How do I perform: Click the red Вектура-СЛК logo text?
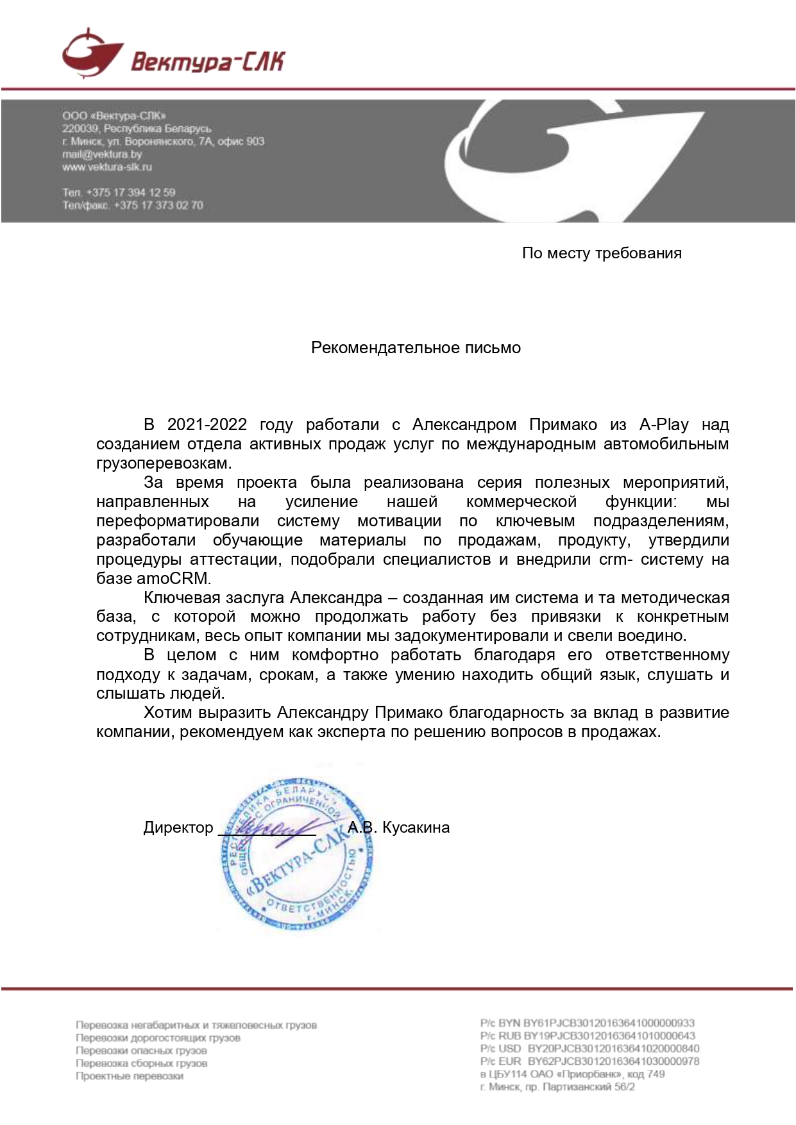tap(207, 61)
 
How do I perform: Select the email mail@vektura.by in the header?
tap(102, 154)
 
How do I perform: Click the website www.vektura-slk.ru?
tap(107, 167)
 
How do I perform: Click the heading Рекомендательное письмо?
tap(416, 347)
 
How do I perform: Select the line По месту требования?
tap(601, 253)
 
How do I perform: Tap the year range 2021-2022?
tap(207, 424)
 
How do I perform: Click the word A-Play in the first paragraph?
tap(663, 424)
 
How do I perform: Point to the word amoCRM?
tap(173, 578)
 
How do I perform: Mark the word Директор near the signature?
tap(178, 828)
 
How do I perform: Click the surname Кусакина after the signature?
tap(416, 828)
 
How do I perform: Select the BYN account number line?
tap(587, 1023)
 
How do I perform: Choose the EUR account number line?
tap(589, 1061)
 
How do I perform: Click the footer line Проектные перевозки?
tap(130, 1076)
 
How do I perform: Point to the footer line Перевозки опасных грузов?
tap(141, 1050)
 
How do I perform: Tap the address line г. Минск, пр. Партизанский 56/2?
tap(557, 1087)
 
